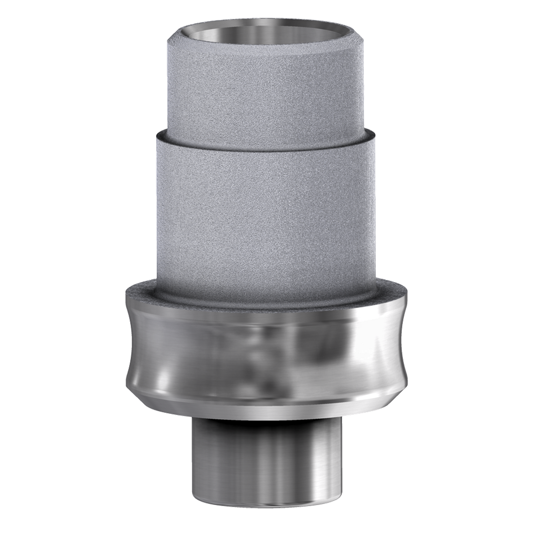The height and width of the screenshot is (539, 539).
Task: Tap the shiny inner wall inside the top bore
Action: [x=269, y=33]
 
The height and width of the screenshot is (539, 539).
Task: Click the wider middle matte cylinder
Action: [x=269, y=210]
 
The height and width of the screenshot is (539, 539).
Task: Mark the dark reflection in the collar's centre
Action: [x=260, y=354]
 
